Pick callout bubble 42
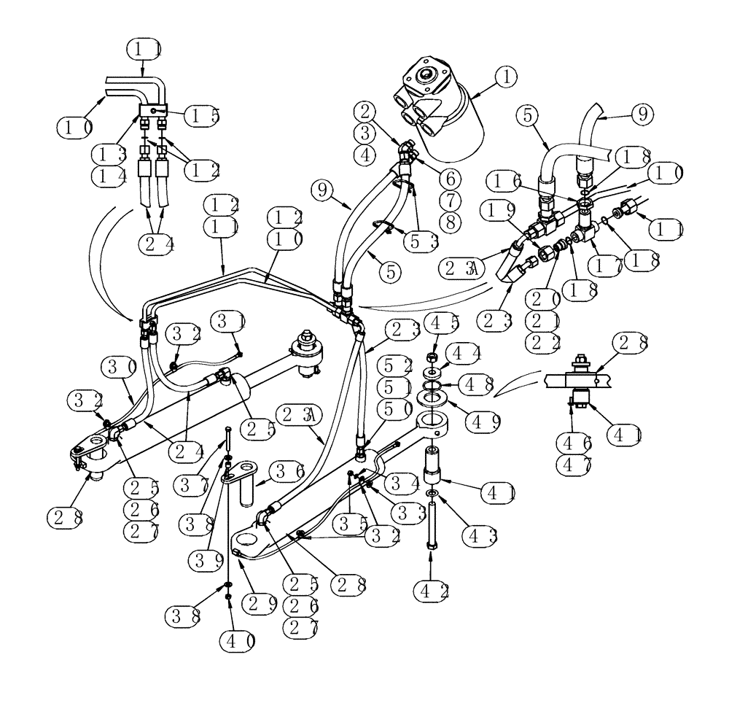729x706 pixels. tap(434, 589)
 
